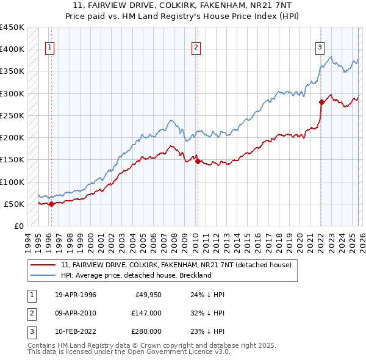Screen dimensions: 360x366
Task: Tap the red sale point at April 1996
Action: tap(51, 204)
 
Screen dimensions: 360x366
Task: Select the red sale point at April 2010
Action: tap(198, 161)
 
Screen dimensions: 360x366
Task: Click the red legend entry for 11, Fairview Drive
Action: tap(177, 265)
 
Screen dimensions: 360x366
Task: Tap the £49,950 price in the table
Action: tap(148, 295)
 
